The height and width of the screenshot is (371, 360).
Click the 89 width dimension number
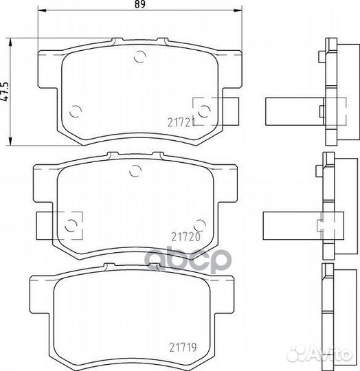139,4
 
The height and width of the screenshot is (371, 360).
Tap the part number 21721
181,122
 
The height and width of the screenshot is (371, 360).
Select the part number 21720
186,237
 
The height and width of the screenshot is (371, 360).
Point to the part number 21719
183,348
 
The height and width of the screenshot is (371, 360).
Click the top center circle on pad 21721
139,56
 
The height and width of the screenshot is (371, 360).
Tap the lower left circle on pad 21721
76,111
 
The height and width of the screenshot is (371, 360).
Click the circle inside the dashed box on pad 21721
204,111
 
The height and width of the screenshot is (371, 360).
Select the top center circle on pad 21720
136,170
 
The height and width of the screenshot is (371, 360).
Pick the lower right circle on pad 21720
200,225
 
